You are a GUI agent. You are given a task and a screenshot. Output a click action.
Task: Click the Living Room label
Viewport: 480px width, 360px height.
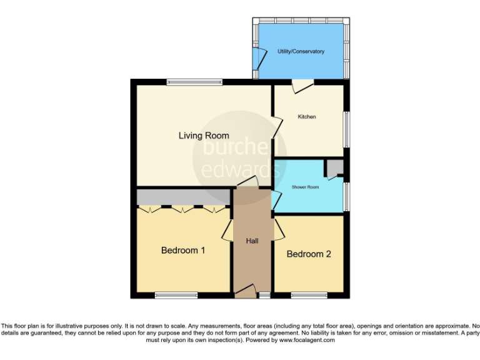click(x=204, y=136)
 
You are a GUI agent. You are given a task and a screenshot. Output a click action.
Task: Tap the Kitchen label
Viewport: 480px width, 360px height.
click(x=306, y=117)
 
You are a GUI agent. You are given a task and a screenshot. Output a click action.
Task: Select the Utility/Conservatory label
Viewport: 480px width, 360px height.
click(x=301, y=51)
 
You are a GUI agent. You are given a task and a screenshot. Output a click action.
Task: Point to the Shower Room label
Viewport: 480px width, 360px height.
click(x=306, y=187)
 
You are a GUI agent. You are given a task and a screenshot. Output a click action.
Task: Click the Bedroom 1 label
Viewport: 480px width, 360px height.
click(x=183, y=251)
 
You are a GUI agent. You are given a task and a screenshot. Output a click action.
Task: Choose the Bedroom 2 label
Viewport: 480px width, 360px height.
click(x=308, y=254)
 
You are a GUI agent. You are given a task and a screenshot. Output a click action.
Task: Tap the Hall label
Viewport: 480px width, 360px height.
click(x=252, y=241)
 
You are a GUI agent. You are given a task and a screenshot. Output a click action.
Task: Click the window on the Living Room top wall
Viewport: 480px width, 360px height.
click(x=194, y=81)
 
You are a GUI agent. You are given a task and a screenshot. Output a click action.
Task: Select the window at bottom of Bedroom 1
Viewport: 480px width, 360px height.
click(x=176, y=295)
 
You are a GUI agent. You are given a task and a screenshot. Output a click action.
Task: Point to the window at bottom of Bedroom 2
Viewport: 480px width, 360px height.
click(x=309, y=295)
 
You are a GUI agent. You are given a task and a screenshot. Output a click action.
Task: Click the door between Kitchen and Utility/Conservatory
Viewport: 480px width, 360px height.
click(x=303, y=86)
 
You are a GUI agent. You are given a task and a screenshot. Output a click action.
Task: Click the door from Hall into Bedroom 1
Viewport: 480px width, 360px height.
click(x=227, y=233)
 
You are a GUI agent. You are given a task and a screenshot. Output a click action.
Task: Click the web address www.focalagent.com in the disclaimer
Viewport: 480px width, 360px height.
click(x=306, y=341)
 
